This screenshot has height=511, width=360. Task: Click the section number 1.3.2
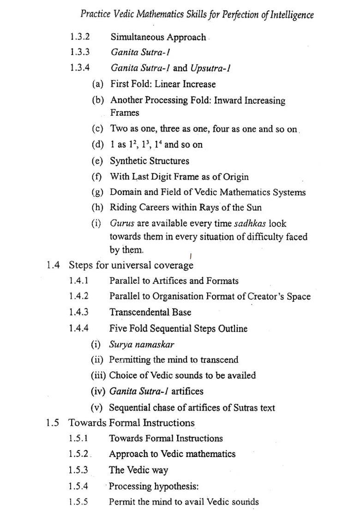point(80,37)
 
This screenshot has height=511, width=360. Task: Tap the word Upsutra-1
point(210,68)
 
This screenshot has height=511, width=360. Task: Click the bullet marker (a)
point(97,84)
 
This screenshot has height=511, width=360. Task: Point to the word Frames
point(124,113)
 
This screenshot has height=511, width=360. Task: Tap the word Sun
point(254,208)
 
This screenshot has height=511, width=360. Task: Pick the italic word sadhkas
point(250,224)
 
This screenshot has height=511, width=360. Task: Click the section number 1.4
point(53,265)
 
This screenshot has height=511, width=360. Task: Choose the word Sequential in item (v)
point(130,408)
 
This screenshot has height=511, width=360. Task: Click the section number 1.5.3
point(78,470)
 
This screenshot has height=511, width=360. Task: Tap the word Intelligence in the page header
point(292,14)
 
